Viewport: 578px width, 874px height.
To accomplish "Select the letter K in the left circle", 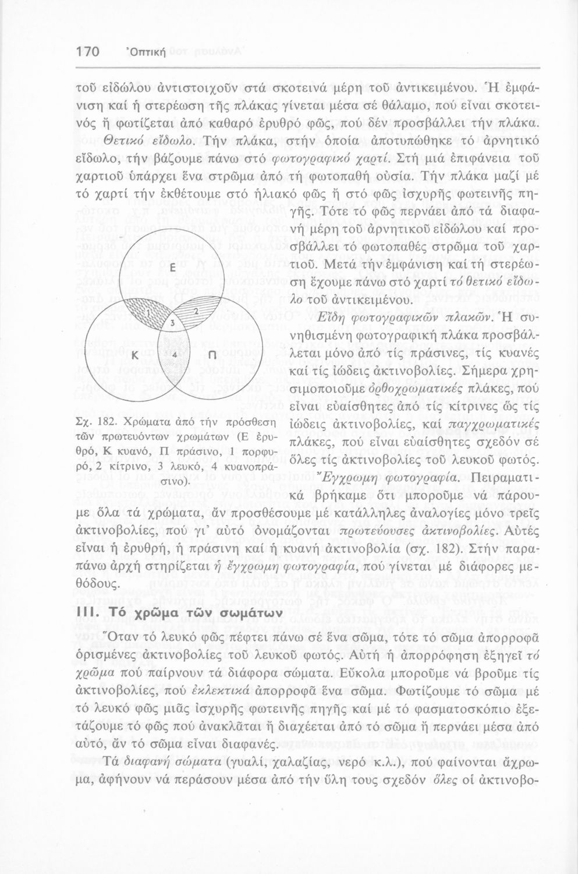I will [133, 355].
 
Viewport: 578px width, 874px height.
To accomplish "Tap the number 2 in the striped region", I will [196, 310].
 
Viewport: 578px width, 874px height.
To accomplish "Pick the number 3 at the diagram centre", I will [172, 323].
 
